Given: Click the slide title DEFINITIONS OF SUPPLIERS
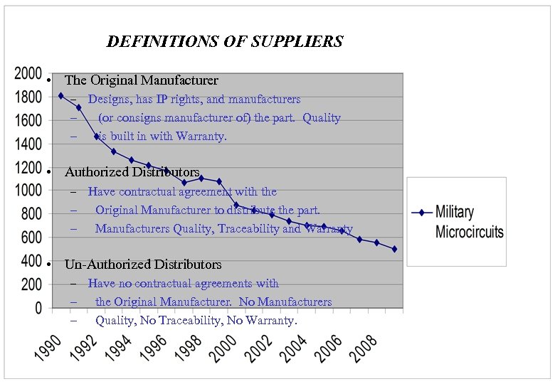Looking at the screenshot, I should click(x=225, y=41).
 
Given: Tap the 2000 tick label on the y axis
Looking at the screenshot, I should click(x=28, y=73).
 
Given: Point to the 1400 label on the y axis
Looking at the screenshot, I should click(x=28, y=144).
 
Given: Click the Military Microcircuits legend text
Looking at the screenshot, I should click(x=469, y=222).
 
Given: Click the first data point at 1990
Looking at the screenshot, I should click(x=60, y=95).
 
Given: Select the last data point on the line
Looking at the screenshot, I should click(x=394, y=249).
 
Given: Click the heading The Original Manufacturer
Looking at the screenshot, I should click(x=141, y=80).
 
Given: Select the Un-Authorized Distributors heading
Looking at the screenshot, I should click(x=143, y=265).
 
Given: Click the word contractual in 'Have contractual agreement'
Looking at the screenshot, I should click(x=152, y=192).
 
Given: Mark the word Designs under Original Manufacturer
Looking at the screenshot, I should click(x=108, y=100).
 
